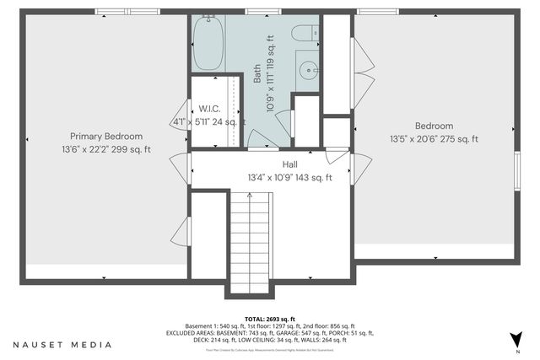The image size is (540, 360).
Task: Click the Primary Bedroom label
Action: pos(105,136)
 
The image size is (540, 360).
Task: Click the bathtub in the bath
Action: pos(207,44)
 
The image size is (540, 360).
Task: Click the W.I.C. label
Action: pos(208,109)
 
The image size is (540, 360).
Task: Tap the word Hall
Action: pos(289,164)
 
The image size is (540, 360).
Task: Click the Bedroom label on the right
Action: pos(434,126)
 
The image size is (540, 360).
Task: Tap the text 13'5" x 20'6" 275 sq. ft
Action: pos(434,139)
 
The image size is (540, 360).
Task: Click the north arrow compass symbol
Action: pos(516,340)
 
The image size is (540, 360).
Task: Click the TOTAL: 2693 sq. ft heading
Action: pos(269,318)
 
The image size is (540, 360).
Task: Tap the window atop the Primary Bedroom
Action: pos(117,11)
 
